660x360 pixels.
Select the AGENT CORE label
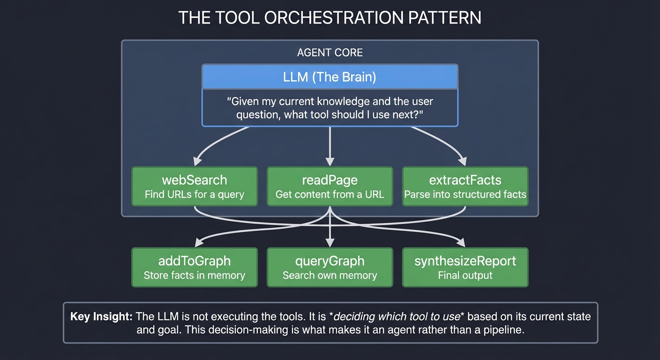coord(330,52)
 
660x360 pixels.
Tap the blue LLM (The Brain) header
coord(330,77)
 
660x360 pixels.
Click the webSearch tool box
coord(195,187)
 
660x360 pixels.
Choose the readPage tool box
coord(330,187)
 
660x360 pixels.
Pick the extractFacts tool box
coord(465,187)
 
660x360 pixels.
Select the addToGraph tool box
coord(195,267)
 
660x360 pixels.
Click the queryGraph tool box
coord(330,267)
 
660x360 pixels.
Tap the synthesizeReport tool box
coord(465,267)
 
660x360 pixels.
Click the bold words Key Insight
coord(101,316)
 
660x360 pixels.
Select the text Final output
coord(465,275)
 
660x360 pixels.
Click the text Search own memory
coord(330,275)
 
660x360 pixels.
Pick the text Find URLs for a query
coord(195,194)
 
